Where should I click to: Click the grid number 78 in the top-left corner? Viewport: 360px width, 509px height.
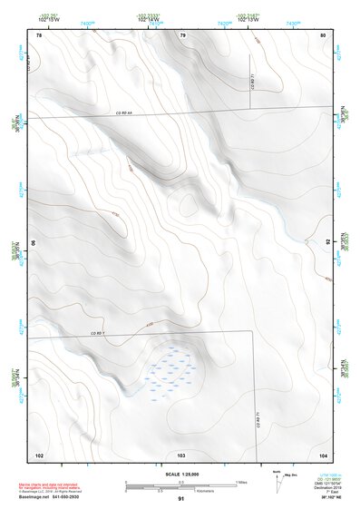coord(39,35)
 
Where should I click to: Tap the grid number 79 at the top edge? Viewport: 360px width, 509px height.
coord(182,35)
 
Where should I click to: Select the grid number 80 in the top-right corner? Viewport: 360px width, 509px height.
coord(323,35)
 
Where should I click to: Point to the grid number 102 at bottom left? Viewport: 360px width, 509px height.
coord(39,455)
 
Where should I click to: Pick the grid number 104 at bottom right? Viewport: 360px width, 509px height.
coord(323,455)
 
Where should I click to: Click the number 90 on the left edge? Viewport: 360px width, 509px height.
coord(34,243)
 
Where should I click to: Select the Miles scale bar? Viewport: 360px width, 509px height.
coord(181,482)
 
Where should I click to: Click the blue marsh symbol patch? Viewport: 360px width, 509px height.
coord(170,370)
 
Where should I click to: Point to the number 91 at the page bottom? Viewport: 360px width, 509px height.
coord(181,500)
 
